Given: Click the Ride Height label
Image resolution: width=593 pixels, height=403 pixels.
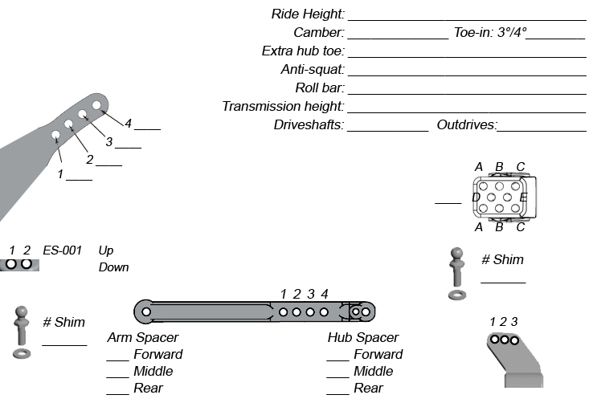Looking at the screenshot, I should pyautogui.click(x=309, y=14).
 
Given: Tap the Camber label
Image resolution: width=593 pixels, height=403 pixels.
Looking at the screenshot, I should pyautogui.click(x=319, y=33).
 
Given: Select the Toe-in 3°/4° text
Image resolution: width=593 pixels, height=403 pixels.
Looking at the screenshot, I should pyautogui.click(x=490, y=33).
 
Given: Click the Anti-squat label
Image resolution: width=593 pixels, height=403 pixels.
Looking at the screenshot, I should pyautogui.click(x=313, y=70).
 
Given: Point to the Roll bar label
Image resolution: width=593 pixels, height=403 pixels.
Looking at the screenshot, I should pyautogui.click(x=320, y=88).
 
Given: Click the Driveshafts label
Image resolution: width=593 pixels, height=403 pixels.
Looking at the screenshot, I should pyautogui.click(x=309, y=125).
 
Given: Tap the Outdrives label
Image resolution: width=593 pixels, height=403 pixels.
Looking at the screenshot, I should pyautogui.click(x=467, y=125).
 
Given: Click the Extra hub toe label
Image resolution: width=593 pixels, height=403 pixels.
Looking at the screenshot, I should pyautogui.click(x=303, y=51).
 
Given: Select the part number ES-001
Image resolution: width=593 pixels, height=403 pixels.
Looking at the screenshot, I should pyautogui.click(x=63, y=250).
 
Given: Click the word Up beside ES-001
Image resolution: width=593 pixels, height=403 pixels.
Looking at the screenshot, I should pyautogui.click(x=105, y=250).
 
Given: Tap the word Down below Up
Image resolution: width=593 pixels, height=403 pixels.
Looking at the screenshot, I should pyautogui.click(x=113, y=267).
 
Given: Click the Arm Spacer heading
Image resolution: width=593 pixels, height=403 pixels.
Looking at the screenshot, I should pyautogui.click(x=143, y=338).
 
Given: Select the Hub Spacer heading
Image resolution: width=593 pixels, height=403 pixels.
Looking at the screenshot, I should pyautogui.click(x=363, y=338).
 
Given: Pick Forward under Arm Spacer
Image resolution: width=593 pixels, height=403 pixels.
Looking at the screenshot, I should pyautogui.click(x=157, y=355).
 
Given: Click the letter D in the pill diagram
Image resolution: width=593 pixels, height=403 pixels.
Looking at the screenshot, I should pyautogui.click(x=476, y=197).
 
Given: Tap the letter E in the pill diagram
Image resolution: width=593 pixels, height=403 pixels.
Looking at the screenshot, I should pyautogui.click(x=523, y=197).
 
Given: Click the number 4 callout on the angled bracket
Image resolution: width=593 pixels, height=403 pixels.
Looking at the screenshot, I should pyautogui.click(x=128, y=123).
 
